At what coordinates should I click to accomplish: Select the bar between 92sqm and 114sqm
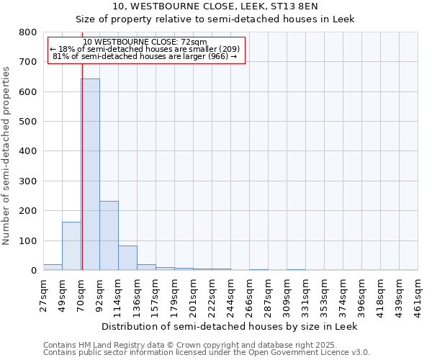click(x=109, y=235)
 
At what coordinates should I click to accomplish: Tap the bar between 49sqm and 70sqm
click(x=71, y=246)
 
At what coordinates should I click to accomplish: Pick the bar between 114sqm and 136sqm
click(x=127, y=258)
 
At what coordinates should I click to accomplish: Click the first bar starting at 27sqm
click(x=53, y=267)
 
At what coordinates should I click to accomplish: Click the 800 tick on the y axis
click(x=28, y=32)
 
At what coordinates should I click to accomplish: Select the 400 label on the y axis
click(x=28, y=151)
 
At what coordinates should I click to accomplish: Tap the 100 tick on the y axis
click(x=28, y=240)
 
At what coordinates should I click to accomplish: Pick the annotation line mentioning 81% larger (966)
click(x=145, y=56)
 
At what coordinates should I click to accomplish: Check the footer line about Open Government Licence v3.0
click(x=207, y=353)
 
